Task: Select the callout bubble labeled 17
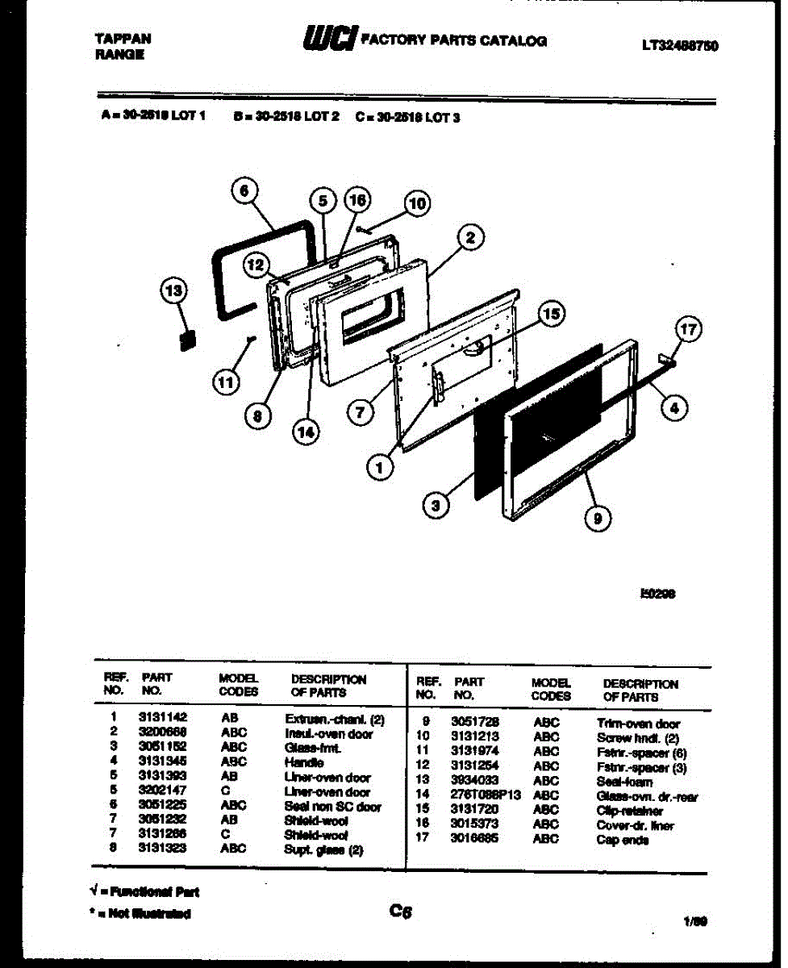coord(687,329)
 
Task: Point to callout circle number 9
coord(597,520)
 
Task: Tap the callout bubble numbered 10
coord(415,204)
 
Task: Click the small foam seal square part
coord(187,340)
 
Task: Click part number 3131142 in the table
coord(162,718)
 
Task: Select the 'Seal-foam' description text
coord(624,782)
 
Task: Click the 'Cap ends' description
coord(622,841)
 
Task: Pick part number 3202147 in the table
coord(162,792)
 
